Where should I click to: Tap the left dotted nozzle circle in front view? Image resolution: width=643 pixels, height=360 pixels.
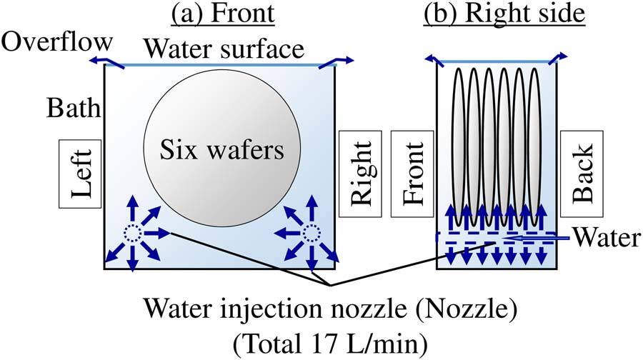(x=133, y=232)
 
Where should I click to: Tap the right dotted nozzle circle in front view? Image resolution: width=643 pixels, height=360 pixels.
(x=310, y=232)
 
